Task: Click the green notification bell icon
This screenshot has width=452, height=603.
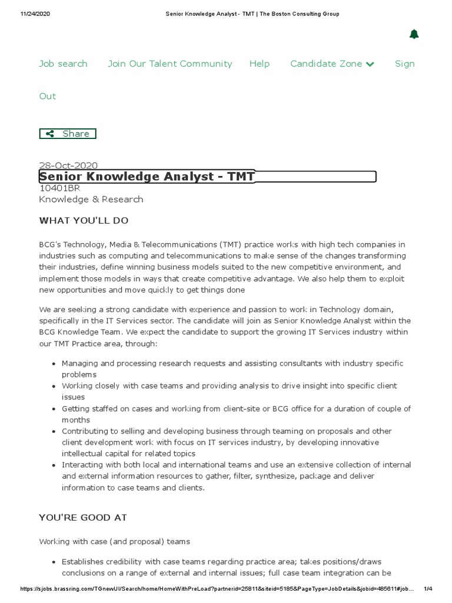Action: coord(414,34)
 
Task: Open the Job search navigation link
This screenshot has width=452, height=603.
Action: coord(63,64)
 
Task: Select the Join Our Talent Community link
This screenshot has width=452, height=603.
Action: coord(169,64)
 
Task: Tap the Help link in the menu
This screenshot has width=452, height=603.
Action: coord(259,64)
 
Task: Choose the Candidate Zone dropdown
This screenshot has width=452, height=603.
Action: coord(332,64)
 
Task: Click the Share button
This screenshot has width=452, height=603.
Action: coord(68,134)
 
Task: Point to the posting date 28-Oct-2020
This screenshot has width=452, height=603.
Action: coord(68,165)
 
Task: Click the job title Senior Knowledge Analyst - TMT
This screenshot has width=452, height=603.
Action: coord(147,177)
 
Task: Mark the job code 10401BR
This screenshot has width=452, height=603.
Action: coord(59,188)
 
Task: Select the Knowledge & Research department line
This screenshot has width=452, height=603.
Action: coord(91,199)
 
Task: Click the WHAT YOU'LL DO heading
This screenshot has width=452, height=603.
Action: coord(84,220)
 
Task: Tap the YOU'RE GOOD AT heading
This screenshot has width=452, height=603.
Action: coord(83,518)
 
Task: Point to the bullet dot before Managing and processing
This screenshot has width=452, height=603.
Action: coord(54,364)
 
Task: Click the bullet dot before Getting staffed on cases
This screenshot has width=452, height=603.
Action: coord(54,409)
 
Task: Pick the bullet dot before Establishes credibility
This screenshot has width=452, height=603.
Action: coord(54,562)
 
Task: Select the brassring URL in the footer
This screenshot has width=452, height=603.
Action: coord(218,589)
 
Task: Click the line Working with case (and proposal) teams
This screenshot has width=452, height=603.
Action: coord(114,541)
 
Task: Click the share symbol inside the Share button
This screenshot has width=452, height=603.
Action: coord(51,134)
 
